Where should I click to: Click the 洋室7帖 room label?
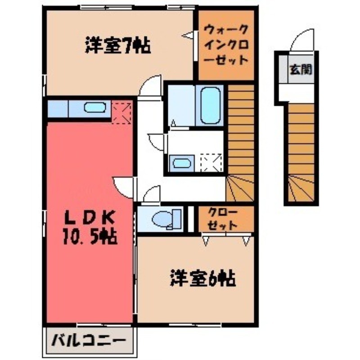click(x=117, y=46)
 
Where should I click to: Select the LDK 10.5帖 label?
click(x=90, y=228)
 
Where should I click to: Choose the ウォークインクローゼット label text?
click(x=226, y=45)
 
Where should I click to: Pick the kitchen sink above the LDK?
click(x=95, y=108)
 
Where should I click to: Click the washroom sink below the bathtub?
click(x=181, y=163)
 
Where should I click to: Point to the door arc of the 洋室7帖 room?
click(x=151, y=85)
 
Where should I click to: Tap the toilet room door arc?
click(x=152, y=194)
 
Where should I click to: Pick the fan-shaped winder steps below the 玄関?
click(x=301, y=189)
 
